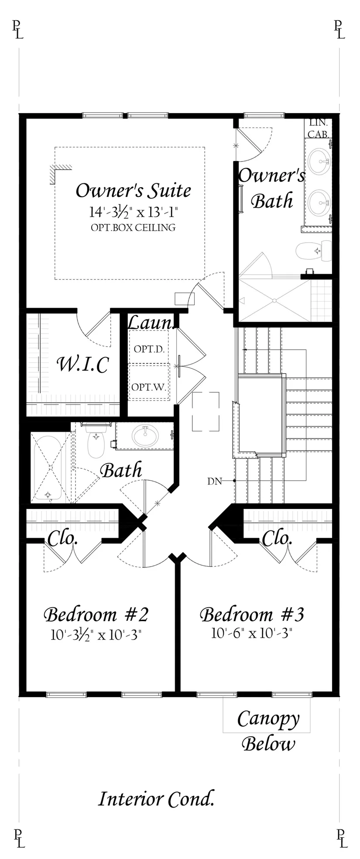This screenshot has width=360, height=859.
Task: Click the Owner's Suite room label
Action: [x=134, y=191]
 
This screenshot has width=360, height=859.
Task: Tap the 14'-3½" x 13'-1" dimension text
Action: [x=134, y=213]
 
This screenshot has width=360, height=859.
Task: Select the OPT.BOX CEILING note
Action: [x=134, y=227]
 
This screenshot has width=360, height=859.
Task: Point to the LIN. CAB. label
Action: [x=319, y=129]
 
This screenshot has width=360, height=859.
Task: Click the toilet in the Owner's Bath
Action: [x=313, y=251]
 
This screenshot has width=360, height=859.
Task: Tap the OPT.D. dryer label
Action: [x=149, y=349]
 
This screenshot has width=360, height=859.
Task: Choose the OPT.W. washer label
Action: [x=149, y=387]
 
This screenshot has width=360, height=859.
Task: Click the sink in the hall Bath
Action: [x=146, y=436]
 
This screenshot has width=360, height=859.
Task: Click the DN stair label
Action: [x=214, y=481]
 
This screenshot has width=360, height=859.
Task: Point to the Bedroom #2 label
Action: [x=96, y=614]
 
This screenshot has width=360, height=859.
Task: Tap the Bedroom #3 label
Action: [x=252, y=614]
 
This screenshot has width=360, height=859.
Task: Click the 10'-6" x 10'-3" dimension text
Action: [x=251, y=633]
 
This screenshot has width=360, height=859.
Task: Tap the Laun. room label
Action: [x=151, y=323]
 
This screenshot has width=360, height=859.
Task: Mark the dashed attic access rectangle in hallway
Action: [x=206, y=412]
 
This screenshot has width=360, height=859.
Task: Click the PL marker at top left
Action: [x=18, y=30]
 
